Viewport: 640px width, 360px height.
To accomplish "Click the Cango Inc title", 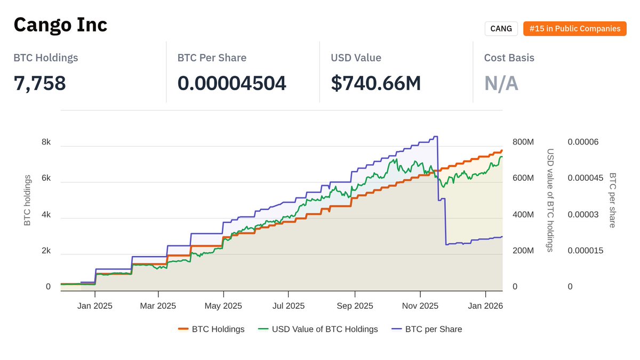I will click(60, 25).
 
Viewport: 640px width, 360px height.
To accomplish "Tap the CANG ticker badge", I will click(501, 29).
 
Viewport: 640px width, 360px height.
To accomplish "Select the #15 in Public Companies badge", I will click(574, 29).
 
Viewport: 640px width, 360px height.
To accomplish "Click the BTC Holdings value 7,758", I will click(39, 83).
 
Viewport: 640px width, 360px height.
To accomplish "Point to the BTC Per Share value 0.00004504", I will click(231, 83).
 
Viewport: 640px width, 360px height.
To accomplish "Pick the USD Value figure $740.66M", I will click(375, 83).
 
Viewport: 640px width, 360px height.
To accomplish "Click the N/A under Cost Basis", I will click(501, 83).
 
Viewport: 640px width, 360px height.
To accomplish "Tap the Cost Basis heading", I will click(509, 58).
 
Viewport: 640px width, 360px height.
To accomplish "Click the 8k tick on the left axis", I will click(46, 142).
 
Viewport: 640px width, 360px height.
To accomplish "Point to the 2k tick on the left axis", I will click(46, 251).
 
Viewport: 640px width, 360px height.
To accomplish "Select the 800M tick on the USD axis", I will click(523, 142).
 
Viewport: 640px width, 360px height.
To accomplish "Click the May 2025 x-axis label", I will click(223, 306).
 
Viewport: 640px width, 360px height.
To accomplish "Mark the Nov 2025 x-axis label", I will click(420, 306).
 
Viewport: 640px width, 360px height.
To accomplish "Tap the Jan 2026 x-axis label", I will click(485, 306).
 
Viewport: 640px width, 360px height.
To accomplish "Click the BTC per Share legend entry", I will click(427, 329).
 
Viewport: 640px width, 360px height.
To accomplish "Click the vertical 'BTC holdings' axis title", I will click(28, 201).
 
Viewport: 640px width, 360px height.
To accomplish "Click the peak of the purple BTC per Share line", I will click(436, 137).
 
